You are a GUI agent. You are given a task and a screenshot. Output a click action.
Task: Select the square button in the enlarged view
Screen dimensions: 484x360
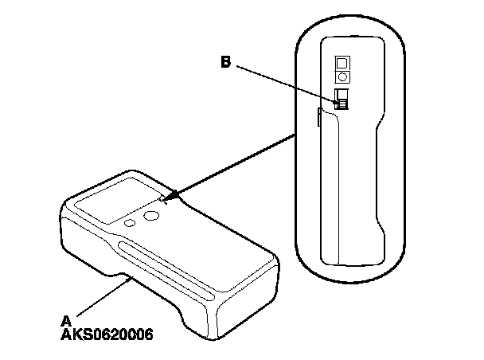(x=344, y=61)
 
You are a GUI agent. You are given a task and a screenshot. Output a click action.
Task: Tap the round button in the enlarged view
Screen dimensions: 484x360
(x=344, y=76)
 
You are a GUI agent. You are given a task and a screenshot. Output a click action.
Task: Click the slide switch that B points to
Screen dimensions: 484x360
(x=343, y=98)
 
